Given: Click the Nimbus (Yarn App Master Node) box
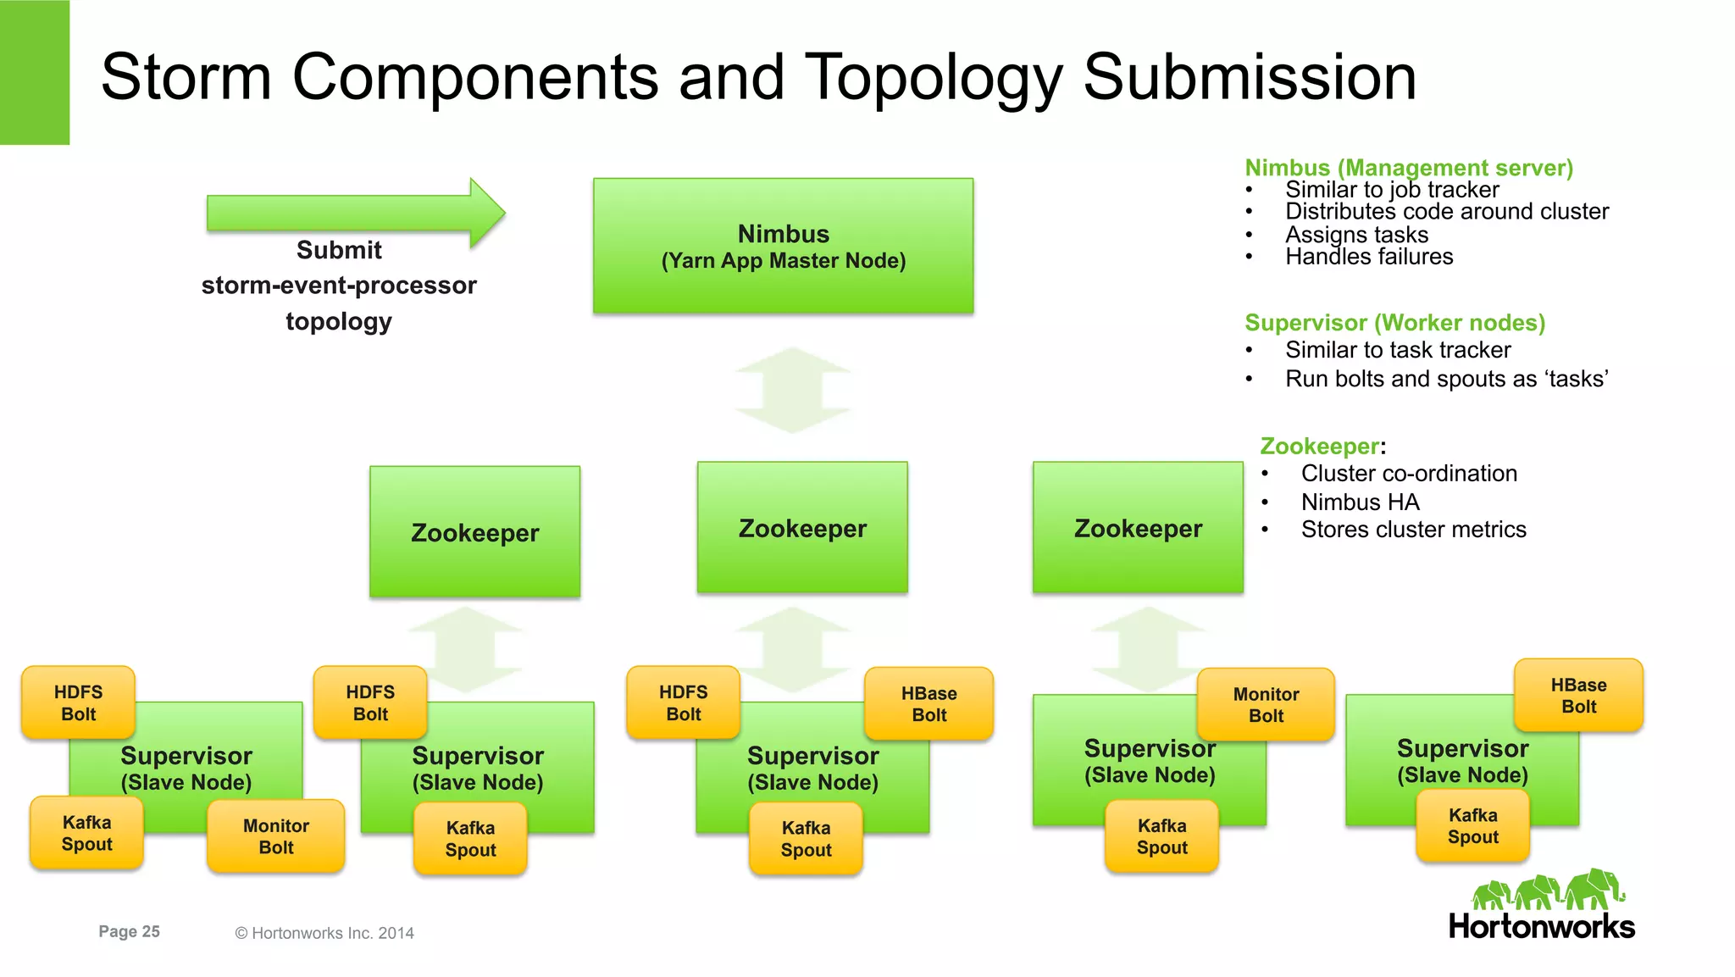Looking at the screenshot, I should point(783,246).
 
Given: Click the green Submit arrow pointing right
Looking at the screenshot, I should point(356,213).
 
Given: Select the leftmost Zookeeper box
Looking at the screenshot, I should point(474,531).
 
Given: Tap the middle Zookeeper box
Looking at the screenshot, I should point(801,527).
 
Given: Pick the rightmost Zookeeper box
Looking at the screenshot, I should point(1137,527).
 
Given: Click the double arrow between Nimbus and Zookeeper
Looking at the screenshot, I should point(792,390).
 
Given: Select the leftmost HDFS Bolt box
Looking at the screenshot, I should point(78,702).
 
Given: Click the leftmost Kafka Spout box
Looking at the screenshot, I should point(86,833).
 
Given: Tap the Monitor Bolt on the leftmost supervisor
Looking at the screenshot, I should point(275,836).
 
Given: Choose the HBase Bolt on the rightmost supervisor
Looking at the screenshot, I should point(1578,695).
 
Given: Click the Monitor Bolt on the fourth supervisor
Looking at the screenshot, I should point(1266,704).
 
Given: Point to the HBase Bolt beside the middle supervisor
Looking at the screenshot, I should point(928,703).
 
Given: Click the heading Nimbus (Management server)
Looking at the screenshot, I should point(1408,168).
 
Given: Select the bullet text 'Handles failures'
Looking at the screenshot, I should point(1368,257).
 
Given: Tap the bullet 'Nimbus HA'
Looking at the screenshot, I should point(1360,502).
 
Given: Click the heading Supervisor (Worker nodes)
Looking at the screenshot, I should point(1394,323).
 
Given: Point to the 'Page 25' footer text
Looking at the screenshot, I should point(129,931).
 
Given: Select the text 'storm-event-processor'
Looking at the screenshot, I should point(339,286).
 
